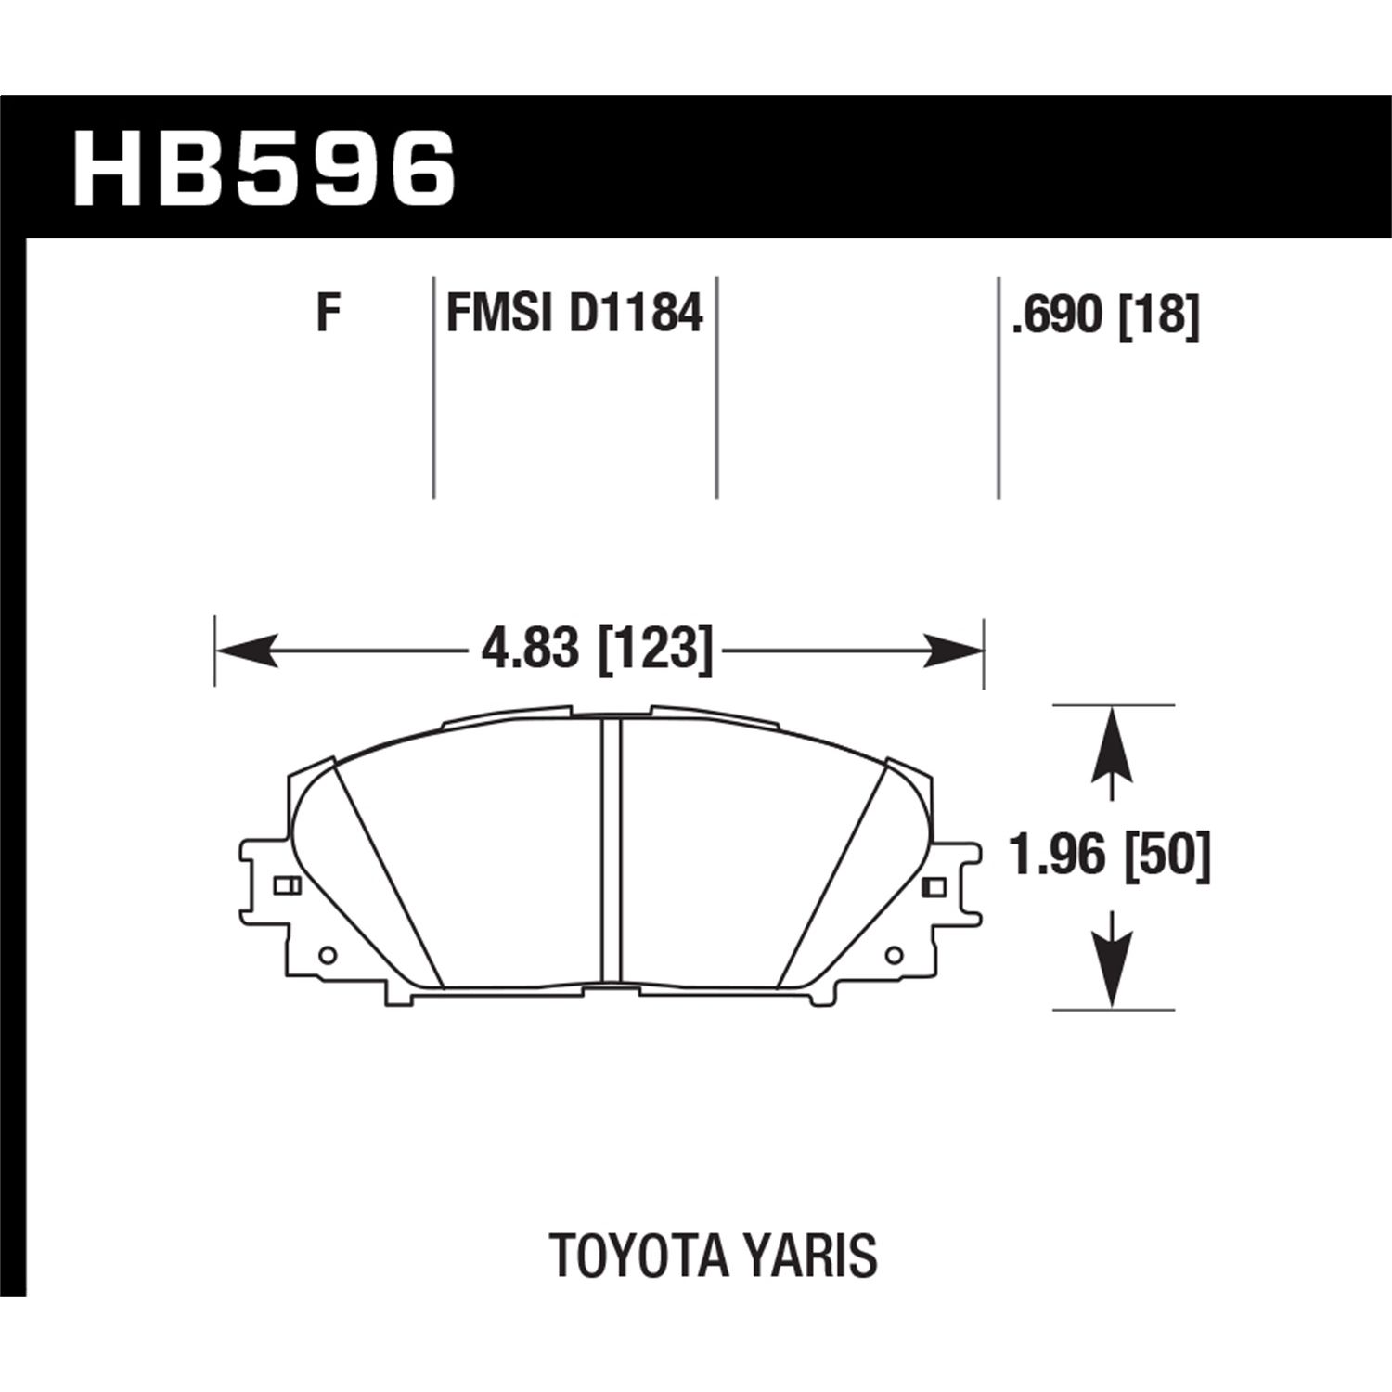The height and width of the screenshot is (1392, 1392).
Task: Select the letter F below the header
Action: pyautogui.click(x=326, y=314)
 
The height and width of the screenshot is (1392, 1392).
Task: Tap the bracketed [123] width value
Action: pyautogui.click(x=655, y=649)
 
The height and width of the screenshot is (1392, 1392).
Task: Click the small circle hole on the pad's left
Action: pyautogui.click(x=326, y=955)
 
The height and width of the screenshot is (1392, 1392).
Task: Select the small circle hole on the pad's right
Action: pyautogui.click(x=895, y=955)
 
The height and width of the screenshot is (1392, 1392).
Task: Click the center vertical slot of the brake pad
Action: pyautogui.click(x=610, y=849)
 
